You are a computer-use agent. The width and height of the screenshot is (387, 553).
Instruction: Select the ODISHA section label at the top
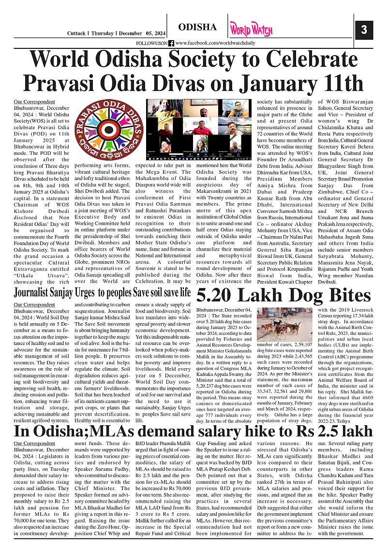(x=197, y=27)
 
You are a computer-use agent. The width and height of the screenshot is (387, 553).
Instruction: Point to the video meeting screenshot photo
(x=199, y=127)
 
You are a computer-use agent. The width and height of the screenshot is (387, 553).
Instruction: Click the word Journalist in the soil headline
(x=37, y=293)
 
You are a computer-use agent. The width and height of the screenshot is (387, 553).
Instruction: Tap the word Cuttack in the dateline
(x=76, y=33)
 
